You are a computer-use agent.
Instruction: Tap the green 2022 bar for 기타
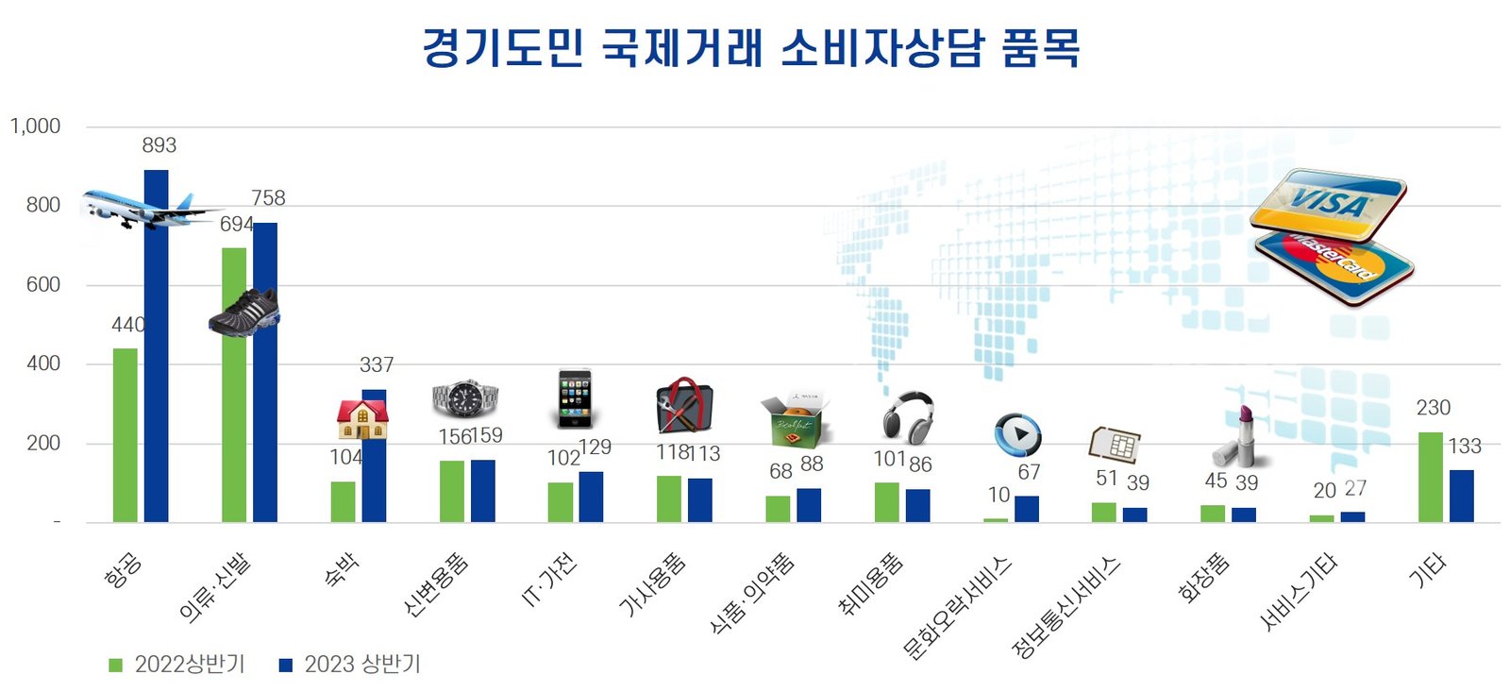click(1431, 477)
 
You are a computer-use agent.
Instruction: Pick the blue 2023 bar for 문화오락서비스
click(1027, 509)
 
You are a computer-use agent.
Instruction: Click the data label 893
click(159, 145)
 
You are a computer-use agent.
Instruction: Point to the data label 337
click(377, 364)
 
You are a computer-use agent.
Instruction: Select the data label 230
click(1433, 408)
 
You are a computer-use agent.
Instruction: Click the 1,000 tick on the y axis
click(36, 127)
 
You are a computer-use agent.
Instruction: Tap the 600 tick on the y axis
click(43, 284)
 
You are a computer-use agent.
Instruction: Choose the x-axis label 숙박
click(342, 571)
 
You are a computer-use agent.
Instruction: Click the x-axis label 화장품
click(1204, 579)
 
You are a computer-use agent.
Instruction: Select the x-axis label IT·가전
click(549, 581)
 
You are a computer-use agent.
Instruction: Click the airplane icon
click(142, 209)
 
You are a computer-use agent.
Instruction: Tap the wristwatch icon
click(464, 399)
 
